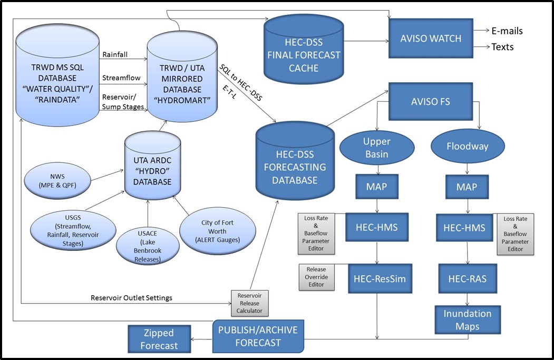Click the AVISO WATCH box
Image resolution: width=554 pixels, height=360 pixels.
[431, 38]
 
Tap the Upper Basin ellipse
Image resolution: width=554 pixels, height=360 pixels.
[376, 148]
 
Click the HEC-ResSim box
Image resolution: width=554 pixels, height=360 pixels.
[376, 278]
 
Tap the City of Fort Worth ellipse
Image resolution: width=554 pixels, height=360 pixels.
[217, 231]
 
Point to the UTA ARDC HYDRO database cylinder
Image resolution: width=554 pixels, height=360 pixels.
[152, 167]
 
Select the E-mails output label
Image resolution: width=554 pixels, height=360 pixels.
[507, 31]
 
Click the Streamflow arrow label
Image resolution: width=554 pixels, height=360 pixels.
[121, 78]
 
